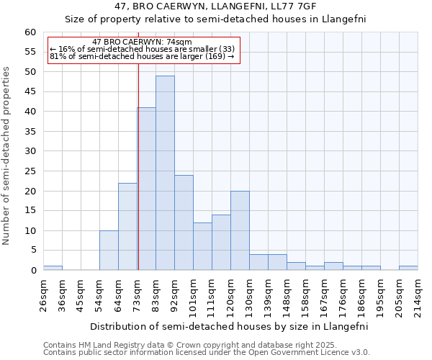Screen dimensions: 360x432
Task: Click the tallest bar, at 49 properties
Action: point(165,173)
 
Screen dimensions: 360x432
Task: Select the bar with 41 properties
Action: point(146,189)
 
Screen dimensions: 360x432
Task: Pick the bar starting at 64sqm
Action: point(127,227)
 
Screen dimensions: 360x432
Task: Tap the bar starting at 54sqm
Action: point(109,251)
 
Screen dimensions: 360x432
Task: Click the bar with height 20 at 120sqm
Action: point(240,230)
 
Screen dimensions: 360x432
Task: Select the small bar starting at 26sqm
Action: point(53,268)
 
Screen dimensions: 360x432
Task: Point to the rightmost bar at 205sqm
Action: point(408,268)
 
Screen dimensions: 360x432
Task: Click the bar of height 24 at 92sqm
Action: point(184,222)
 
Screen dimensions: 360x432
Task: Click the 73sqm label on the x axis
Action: point(137,292)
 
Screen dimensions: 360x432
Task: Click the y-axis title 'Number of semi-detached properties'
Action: point(7,156)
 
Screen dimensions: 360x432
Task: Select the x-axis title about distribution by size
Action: point(229,326)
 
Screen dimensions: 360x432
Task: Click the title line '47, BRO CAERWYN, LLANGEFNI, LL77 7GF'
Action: point(216,6)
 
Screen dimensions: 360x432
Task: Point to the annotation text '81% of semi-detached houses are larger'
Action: point(141,56)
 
